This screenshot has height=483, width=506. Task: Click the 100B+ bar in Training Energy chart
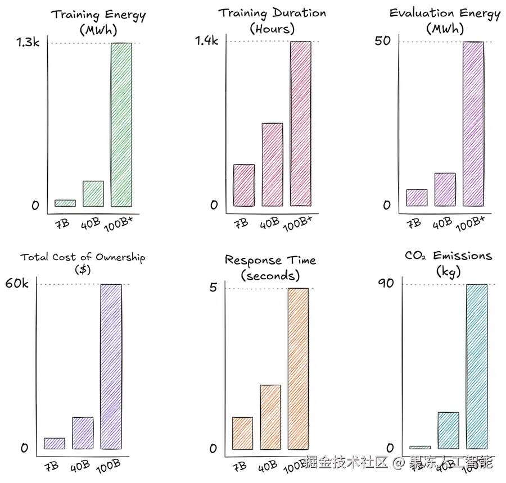point(121,125)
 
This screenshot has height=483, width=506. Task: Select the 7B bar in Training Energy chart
point(65,203)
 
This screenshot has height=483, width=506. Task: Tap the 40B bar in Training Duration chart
point(272,164)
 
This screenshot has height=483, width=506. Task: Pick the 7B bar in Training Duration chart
point(244,185)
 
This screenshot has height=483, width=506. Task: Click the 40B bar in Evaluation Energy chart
point(445,189)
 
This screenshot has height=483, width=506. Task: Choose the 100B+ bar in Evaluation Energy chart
point(473,124)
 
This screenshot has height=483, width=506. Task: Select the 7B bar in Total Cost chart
point(55,443)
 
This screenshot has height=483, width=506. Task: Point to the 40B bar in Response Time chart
point(270,417)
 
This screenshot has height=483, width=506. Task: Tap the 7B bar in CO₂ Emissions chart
point(420,447)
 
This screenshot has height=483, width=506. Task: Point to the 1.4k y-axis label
point(206,40)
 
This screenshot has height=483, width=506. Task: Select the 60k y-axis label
point(17,283)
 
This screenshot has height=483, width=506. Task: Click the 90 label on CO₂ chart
point(386,283)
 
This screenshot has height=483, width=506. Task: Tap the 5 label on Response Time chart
point(213,287)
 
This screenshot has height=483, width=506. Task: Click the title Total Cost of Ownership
point(83,257)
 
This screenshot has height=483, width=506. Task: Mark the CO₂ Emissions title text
point(448,256)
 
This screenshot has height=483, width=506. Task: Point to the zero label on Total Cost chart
point(24,448)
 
